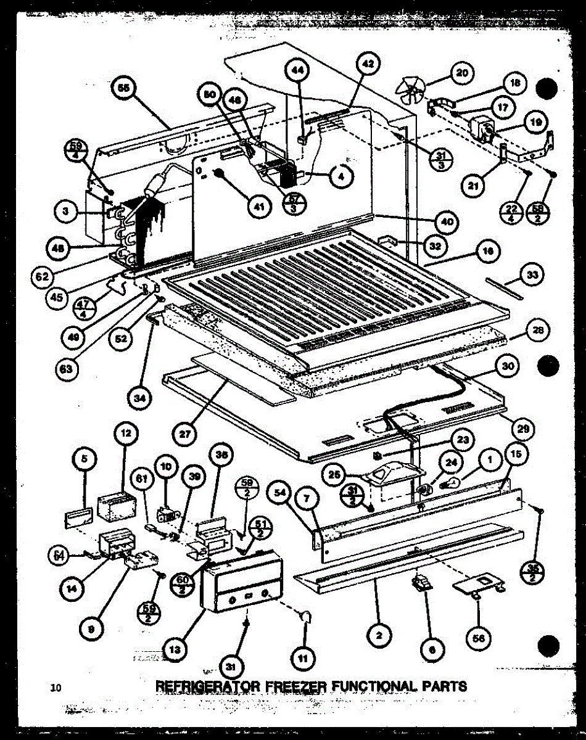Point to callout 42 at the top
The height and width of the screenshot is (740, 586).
click(368, 64)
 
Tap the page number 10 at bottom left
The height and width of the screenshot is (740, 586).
click(57, 688)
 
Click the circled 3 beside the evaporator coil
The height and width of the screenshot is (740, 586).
click(65, 213)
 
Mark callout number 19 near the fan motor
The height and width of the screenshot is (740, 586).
click(534, 123)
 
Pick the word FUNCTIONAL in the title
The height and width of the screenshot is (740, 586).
click(373, 685)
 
